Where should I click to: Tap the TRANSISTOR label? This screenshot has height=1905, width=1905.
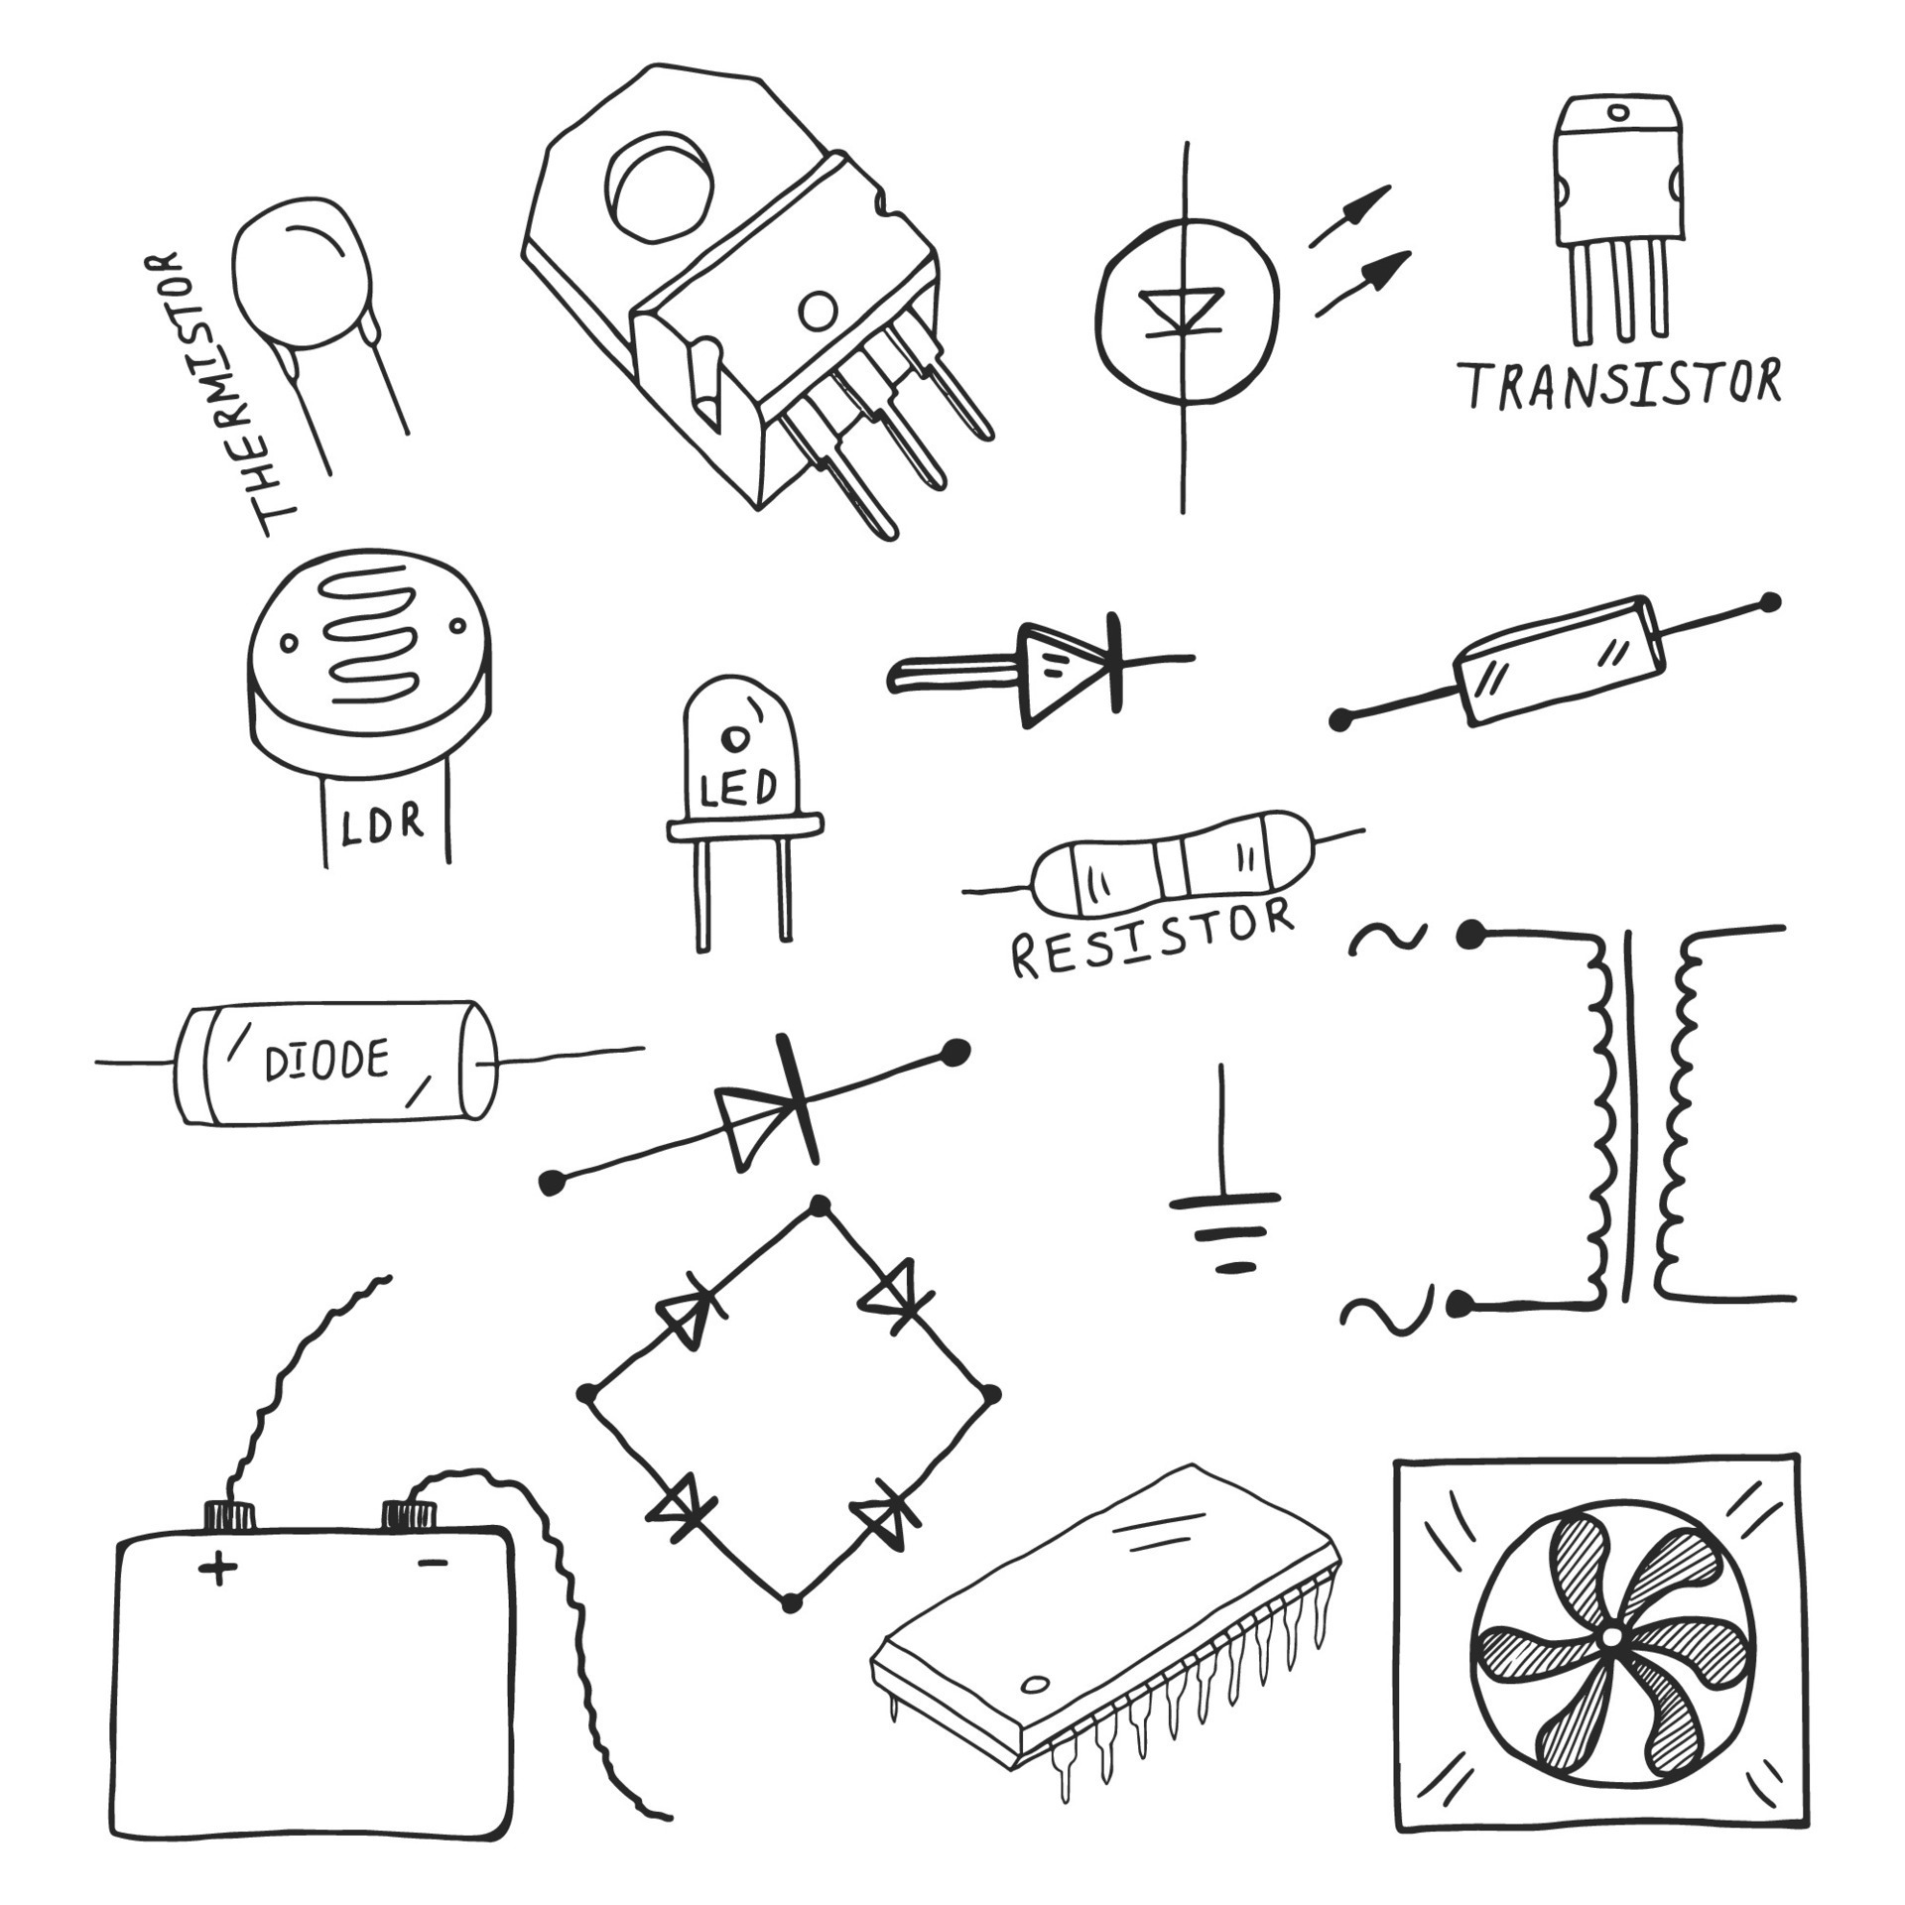(1623, 385)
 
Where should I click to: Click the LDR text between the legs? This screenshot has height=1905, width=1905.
(382, 824)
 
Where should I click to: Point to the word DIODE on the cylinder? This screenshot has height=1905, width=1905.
(326, 1063)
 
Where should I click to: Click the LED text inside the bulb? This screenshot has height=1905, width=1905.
(738, 790)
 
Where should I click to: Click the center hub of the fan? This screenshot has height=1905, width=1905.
(1610, 1635)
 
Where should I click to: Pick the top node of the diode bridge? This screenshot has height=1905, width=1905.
(819, 1206)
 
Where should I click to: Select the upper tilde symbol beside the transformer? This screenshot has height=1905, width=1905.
(1389, 938)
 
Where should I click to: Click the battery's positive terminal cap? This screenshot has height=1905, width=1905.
(230, 1542)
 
